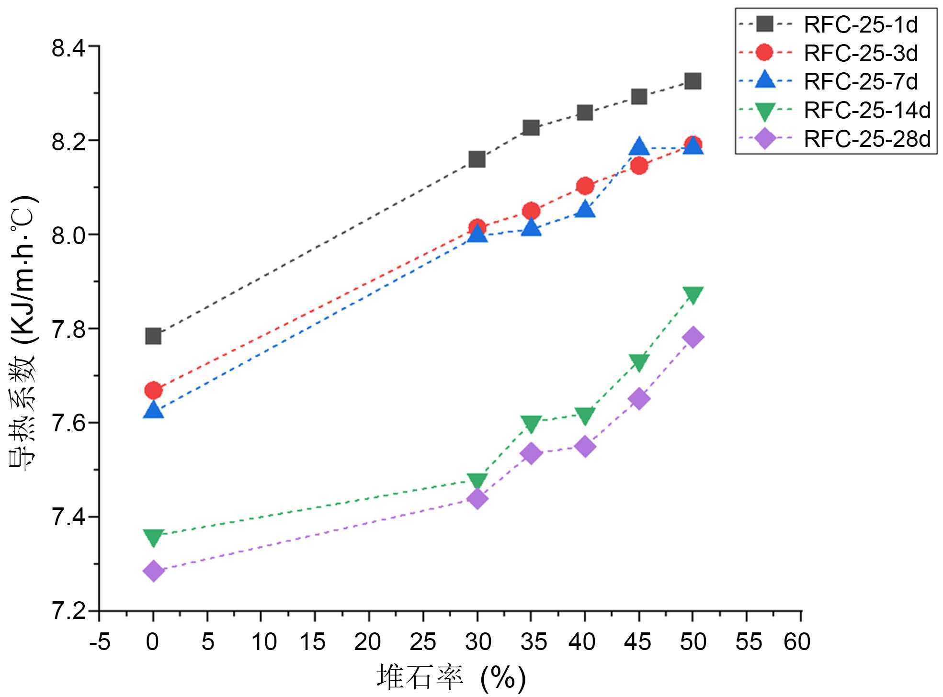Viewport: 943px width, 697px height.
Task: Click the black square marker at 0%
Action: (153, 336)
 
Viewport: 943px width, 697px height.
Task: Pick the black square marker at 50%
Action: (693, 81)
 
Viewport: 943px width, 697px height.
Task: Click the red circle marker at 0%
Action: (153, 391)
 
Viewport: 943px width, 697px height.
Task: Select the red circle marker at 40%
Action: (585, 186)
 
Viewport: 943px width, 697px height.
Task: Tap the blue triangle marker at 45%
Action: (639, 146)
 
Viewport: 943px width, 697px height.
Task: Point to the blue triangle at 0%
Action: (153, 410)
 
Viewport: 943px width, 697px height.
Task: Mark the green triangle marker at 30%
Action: (477, 481)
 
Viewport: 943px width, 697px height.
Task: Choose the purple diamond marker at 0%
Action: (153, 571)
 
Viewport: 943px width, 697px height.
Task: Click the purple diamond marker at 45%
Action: (639, 398)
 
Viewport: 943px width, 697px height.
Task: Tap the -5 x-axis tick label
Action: (100, 641)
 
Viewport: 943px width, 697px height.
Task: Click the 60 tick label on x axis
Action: (797, 641)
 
